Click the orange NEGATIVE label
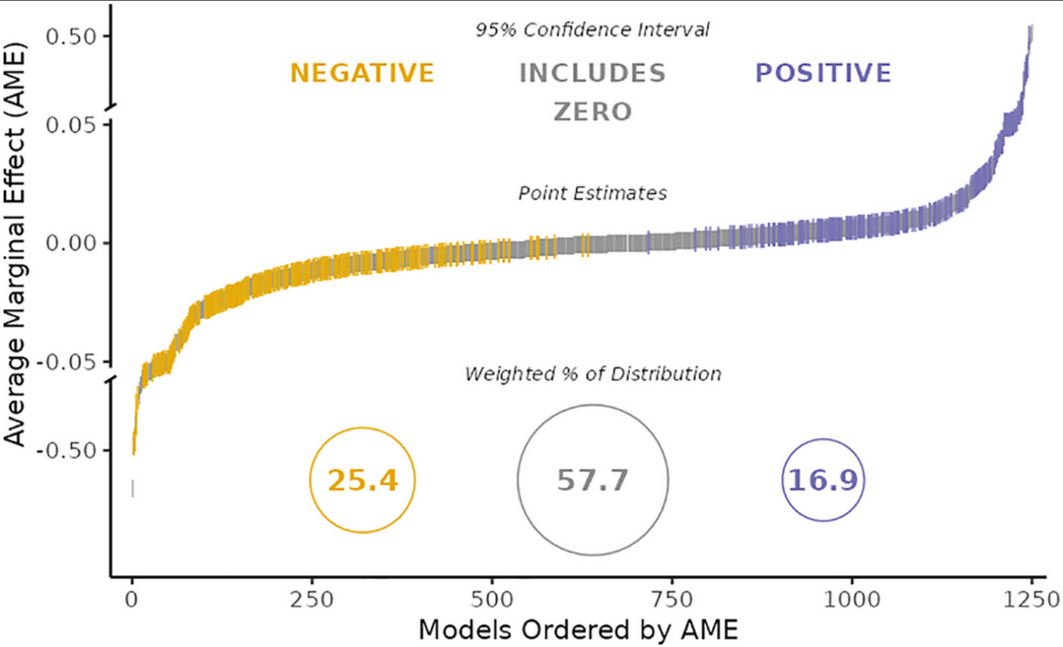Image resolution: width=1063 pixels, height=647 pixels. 362,74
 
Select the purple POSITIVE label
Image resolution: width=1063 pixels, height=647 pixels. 823,74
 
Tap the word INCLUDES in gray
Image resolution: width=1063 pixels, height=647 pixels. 592,74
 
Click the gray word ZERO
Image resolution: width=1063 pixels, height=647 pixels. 592,112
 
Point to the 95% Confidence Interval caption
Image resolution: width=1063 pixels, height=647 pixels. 592,30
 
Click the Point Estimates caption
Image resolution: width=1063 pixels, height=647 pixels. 592,194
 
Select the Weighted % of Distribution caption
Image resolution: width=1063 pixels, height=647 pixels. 592,373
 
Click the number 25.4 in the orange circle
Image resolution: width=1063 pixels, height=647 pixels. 362,480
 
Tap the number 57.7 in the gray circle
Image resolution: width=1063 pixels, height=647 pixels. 592,480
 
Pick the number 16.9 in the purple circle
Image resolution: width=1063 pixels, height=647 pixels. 823,480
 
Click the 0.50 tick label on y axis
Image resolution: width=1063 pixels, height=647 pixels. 71,36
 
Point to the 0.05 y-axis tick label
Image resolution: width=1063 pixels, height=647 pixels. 71,125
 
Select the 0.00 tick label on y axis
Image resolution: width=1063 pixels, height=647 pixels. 71,243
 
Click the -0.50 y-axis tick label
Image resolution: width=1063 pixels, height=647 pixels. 65,451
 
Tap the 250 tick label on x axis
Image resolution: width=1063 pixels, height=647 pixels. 312,600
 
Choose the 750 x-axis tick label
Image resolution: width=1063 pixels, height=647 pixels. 671,600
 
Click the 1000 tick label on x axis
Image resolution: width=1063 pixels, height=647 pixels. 851,600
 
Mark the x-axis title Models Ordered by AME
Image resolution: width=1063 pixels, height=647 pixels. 578,630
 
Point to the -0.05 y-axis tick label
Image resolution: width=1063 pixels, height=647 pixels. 65,362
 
